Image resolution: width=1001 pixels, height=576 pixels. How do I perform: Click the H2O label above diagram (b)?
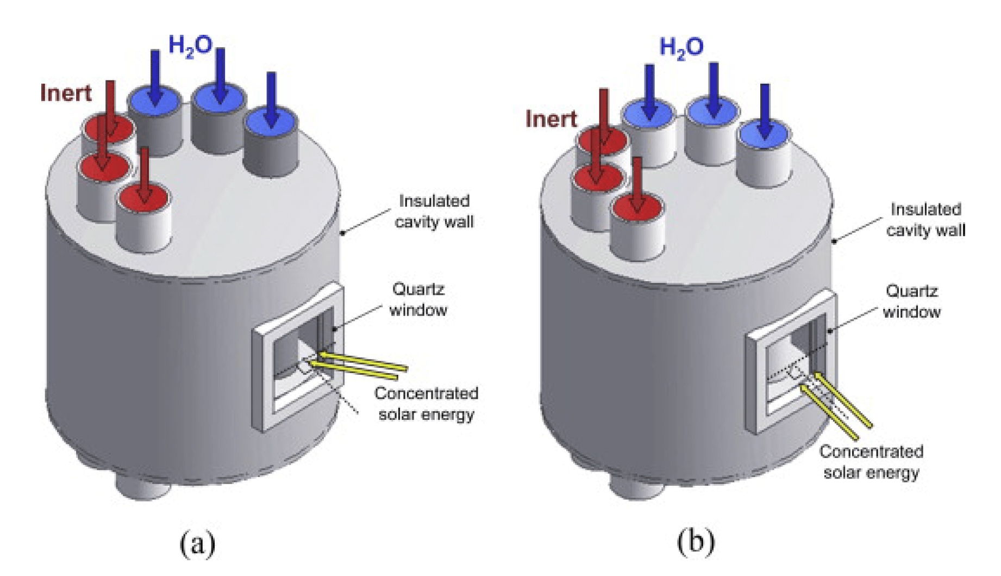pos(681,48)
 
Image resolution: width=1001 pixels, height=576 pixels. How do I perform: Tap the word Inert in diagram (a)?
pos(66,93)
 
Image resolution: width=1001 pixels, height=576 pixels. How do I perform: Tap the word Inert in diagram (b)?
pos(551,119)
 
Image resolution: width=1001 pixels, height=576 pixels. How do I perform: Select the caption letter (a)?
pos(197,543)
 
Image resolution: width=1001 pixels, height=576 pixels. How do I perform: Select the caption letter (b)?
pos(696,542)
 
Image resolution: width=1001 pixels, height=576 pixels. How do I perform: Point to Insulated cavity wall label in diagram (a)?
pos(434,212)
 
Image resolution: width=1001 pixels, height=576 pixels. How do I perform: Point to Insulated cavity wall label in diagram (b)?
pos(925,220)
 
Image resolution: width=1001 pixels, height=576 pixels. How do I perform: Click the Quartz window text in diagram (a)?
pos(418,300)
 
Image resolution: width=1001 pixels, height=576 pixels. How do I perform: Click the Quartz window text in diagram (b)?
pos(911,301)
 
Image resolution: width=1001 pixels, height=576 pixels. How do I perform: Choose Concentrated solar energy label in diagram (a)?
pos(427,404)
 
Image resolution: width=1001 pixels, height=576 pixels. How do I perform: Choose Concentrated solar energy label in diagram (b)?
pos(871,462)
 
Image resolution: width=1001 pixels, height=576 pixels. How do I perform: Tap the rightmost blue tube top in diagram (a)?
pos(271,122)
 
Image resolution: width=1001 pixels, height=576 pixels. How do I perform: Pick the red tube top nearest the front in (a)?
pos(143,199)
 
